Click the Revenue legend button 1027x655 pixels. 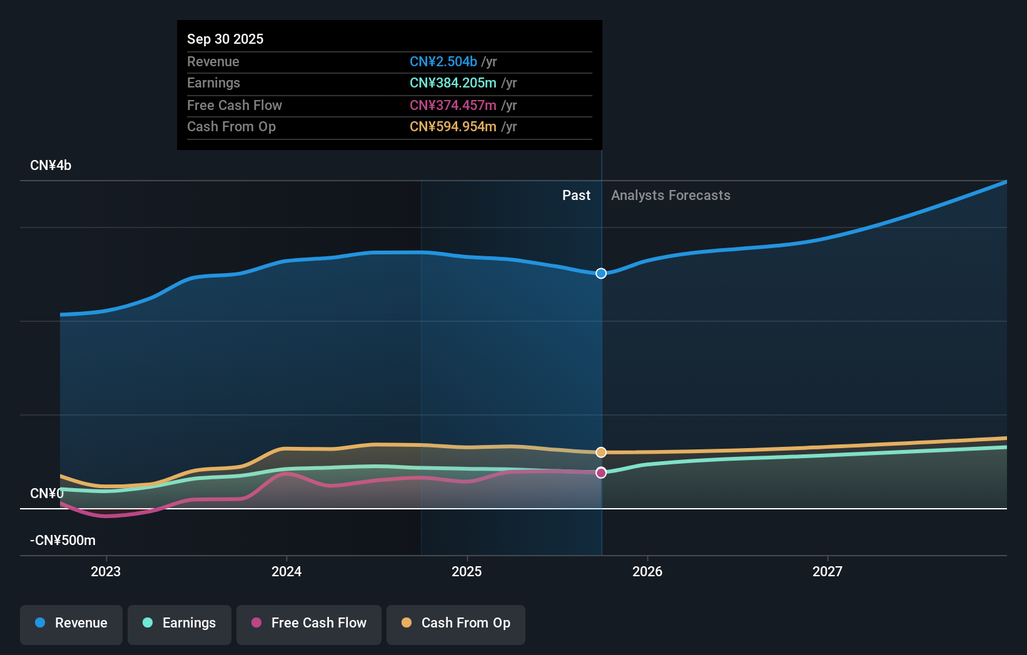[71, 624]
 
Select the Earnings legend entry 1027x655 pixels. [180, 624]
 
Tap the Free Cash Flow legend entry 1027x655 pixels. [309, 624]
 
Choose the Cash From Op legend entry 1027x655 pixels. [456, 624]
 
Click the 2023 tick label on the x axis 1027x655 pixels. [106, 572]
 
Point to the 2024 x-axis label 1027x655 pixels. [286, 572]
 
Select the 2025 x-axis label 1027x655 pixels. [467, 572]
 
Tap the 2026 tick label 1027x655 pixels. [647, 572]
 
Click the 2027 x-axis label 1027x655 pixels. [827, 572]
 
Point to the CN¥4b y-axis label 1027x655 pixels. [51, 166]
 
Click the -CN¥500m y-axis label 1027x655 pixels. [63, 541]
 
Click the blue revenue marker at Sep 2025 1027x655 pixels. [601, 273]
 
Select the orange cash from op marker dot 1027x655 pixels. [601, 452]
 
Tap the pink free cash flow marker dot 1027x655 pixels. [601, 472]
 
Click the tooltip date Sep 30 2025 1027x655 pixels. [225, 39]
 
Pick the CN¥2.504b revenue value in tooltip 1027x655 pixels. [443, 61]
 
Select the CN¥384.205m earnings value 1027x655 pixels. [453, 83]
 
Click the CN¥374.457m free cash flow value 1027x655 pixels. [453, 105]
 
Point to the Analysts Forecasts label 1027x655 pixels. [670, 196]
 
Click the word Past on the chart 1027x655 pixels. [576, 196]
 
